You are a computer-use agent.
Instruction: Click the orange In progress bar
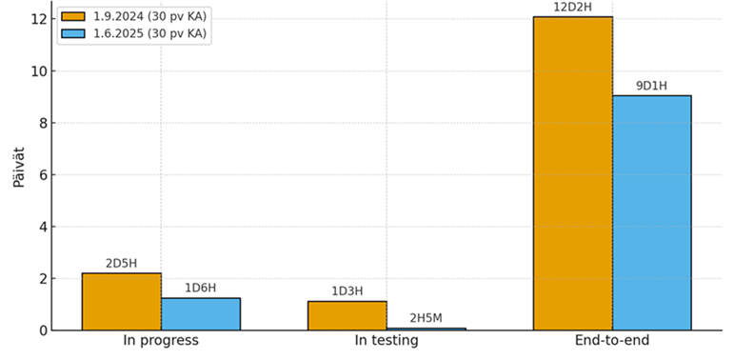[x=121, y=302]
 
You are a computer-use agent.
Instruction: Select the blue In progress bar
[x=200, y=314]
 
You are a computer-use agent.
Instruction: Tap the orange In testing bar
[x=347, y=316]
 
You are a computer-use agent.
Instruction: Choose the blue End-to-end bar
[x=651, y=213]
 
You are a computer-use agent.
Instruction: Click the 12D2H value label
[x=572, y=8]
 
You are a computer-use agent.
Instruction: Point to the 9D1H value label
[x=651, y=87]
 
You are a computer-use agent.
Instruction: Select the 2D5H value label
[x=121, y=264]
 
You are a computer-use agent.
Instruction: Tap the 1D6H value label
[x=200, y=289]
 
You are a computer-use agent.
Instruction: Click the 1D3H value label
[x=347, y=291]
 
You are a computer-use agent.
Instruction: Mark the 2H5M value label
[x=426, y=318]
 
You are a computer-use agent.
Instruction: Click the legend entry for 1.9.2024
[x=133, y=16]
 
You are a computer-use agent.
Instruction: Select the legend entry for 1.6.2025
[x=133, y=33]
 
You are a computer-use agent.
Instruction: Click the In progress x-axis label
[x=161, y=341]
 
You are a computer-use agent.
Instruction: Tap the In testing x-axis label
[x=387, y=341]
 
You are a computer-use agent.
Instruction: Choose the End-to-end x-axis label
[x=612, y=341]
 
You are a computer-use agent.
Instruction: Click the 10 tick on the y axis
[x=35, y=71]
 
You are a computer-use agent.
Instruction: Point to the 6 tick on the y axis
[x=39, y=175]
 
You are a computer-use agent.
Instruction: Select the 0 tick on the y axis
[x=39, y=330]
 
